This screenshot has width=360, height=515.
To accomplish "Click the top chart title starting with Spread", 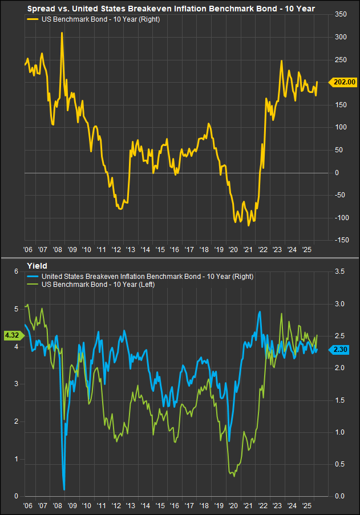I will click(171, 9).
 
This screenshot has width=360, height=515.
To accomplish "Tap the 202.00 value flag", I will click(344, 82).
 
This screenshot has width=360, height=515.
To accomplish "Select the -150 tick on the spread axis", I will click(342, 240).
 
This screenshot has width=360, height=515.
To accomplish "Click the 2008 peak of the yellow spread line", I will click(62, 33).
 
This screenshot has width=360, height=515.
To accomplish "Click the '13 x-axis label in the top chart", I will click(130, 250).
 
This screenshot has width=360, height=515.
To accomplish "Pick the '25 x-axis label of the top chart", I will click(306, 250).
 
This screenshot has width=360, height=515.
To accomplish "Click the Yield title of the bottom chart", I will click(37, 265).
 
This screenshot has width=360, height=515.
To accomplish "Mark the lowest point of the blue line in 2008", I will click(64, 489).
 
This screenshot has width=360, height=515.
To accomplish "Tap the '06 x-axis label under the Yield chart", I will click(27, 506).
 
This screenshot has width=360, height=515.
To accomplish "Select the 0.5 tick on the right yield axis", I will click(341, 464).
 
